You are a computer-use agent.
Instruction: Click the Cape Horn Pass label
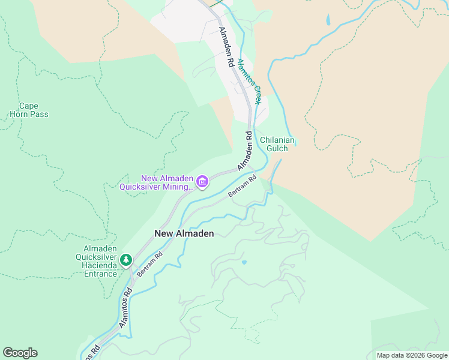pos(29,110)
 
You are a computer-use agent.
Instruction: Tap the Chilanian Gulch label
pos(278,144)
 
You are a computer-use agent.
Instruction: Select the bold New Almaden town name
pos(184,233)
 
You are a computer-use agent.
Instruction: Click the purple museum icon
pos(202,182)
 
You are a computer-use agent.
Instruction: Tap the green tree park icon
pos(125,260)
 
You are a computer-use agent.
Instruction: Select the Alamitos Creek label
pos(249,82)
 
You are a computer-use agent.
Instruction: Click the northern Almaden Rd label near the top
pos(226,46)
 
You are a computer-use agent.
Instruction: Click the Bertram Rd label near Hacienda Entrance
pos(149,264)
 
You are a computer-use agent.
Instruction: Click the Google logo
pos(20,353)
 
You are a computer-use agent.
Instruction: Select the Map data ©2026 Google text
pos(411,355)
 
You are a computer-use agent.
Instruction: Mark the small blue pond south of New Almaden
pos(244,262)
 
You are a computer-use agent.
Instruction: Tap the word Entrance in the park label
pos(100,274)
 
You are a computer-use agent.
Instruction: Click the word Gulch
pos(278,148)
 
